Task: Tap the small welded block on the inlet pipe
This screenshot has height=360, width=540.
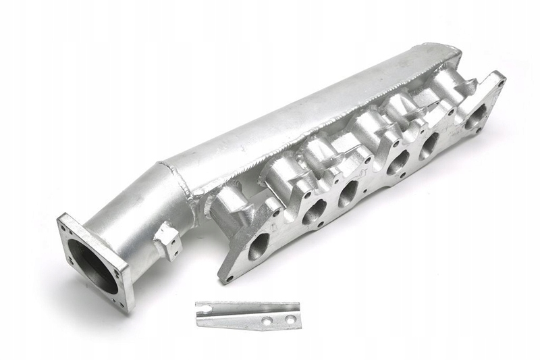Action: point(166,240)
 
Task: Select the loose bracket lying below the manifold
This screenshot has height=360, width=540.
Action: point(247,315)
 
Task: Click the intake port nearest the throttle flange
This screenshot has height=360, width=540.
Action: point(259,246)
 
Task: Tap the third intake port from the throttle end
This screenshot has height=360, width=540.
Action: point(348,192)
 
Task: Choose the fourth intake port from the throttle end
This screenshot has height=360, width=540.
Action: point(397,162)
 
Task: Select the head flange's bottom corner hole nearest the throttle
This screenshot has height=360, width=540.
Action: point(229,277)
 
